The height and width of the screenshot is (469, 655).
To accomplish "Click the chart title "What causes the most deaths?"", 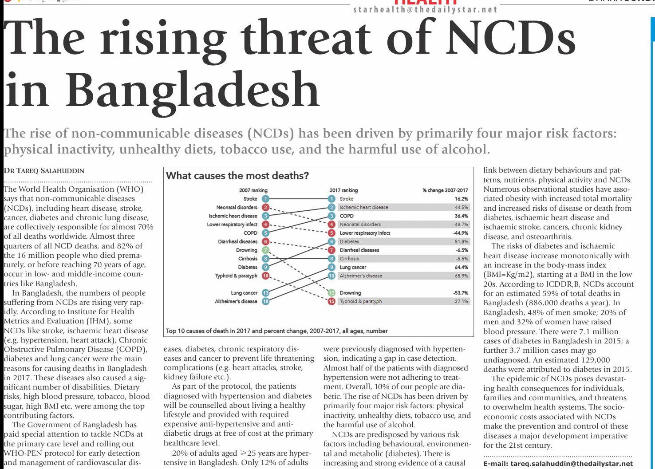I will click(x=237, y=176).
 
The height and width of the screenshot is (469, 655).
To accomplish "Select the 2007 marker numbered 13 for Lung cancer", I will click(x=265, y=293).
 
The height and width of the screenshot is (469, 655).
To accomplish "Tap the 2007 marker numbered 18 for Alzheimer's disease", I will click(x=265, y=301).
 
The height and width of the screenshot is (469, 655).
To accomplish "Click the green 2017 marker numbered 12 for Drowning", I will click(x=331, y=293).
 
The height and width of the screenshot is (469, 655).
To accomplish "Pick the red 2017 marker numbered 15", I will click(x=331, y=301).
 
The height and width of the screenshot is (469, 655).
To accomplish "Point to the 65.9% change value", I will click(x=461, y=276).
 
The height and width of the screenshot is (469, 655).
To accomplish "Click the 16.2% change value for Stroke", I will click(x=461, y=199).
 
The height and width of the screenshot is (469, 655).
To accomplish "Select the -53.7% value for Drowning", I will click(x=460, y=293).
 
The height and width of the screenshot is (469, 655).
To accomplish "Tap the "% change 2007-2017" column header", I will click(x=445, y=190).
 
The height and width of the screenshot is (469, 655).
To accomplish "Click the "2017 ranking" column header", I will click(x=343, y=190).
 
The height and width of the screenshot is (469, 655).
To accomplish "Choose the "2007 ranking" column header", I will click(x=253, y=190).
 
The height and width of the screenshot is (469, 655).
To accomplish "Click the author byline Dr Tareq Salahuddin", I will click(x=44, y=171).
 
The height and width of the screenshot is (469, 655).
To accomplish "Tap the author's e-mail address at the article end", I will click(x=558, y=464).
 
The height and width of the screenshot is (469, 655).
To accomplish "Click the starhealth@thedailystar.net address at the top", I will click(x=425, y=10).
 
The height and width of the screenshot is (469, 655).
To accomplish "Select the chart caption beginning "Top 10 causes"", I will click(x=276, y=331).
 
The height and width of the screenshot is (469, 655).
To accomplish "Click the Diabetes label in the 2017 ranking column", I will click(x=349, y=241).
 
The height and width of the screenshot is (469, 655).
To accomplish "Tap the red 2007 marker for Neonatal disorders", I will click(x=265, y=207).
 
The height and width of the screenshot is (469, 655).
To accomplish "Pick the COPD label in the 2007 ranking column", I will click(x=250, y=233).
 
